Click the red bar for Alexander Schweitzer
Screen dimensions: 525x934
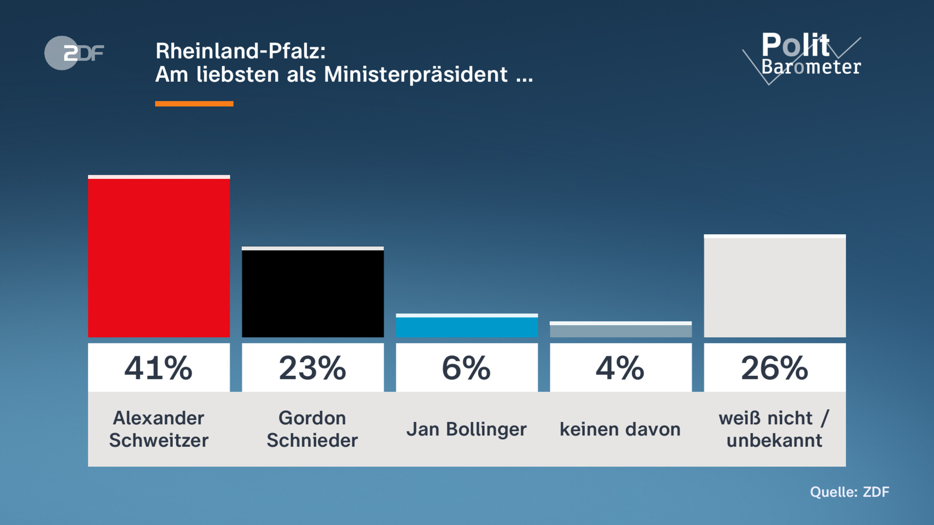[x=159, y=257]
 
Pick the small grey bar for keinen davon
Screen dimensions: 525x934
[x=620, y=330]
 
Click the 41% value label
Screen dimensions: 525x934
[x=159, y=368]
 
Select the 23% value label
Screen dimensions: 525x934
[x=313, y=368]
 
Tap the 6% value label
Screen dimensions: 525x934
[x=467, y=368]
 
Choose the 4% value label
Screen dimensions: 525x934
[x=620, y=368]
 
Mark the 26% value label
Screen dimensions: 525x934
[x=774, y=368]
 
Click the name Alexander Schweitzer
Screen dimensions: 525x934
[x=159, y=429]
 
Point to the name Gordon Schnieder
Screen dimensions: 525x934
[x=313, y=429]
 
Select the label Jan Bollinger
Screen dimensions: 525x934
[x=467, y=429]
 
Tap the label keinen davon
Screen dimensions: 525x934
[x=620, y=429]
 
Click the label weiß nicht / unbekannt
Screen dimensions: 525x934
[x=774, y=429]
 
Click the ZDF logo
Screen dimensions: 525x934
[x=74, y=53]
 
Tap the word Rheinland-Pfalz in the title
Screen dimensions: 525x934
[x=241, y=51]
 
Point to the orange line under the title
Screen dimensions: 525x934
[x=194, y=103]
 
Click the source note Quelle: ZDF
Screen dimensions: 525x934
[x=849, y=492]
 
